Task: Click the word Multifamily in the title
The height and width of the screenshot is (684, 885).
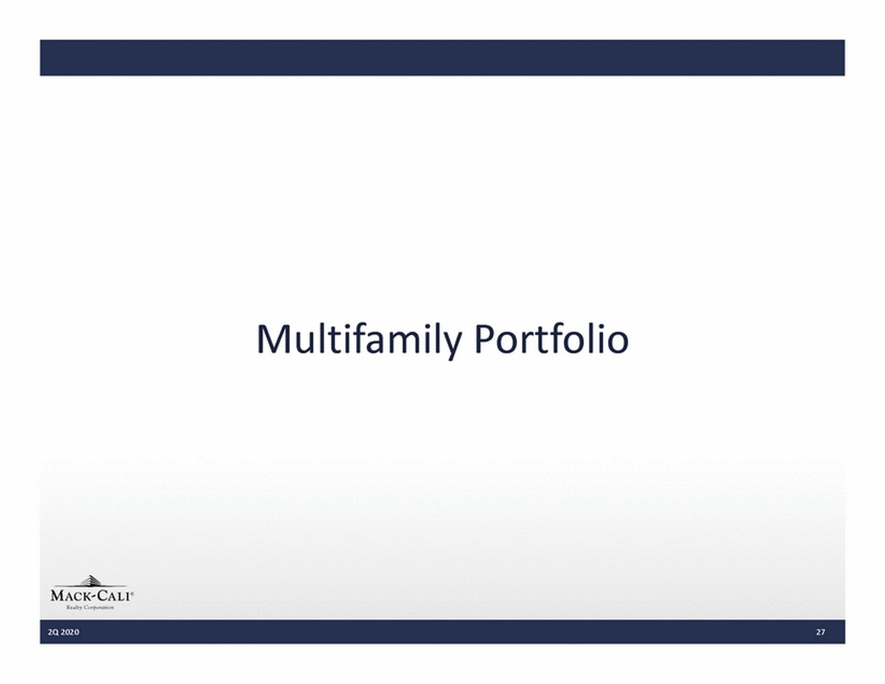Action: pos(359,341)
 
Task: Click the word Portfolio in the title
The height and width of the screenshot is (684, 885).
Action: pos(551,339)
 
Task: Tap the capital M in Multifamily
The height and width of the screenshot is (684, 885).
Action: pos(273,339)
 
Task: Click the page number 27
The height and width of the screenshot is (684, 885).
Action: pos(820,632)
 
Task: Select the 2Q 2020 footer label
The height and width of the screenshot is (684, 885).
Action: pos(63,632)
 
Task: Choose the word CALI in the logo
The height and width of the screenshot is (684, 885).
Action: pos(112,596)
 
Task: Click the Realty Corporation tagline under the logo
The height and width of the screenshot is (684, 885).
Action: pos(90,608)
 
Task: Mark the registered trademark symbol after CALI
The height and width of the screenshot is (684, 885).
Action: pos(131,593)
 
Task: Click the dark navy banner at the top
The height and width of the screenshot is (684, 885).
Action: pos(442,57)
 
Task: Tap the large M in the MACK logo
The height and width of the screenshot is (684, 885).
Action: pos(57,596)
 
